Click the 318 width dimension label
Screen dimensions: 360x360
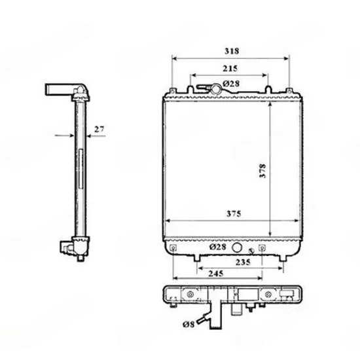click(232, 51)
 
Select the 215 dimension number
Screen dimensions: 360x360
click(230, 69)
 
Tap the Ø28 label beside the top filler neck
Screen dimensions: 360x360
click(231, 84)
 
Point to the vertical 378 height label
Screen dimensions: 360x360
click(262, 171)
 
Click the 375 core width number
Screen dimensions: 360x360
click(234, 214)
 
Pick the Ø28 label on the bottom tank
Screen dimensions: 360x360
click(218, 247)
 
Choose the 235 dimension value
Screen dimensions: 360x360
click(243, 262)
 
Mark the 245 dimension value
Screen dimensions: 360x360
click(216, 274)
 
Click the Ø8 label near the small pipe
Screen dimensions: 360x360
click(189, 324)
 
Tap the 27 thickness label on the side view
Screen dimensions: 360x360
click(99, 129)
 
